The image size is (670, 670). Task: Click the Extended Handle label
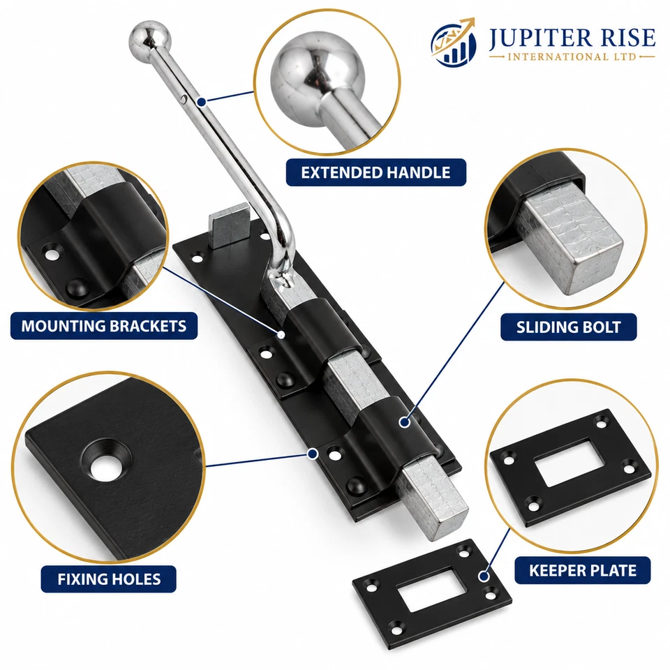pyautogui.click(x=375, y=172)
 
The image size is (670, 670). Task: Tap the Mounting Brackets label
pyautogui.click(x=104, y=326)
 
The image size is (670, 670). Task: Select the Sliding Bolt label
pyautogui.click(x=568, y=327)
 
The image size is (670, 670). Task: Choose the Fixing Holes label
pyautogui.click(x=109, y=579)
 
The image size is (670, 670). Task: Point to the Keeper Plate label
pyautogui.click(x=582, y=570)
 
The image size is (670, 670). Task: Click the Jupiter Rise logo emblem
pyautogui.click(x=453, y=42)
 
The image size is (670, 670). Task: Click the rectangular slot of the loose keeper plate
pyautogui.click(x=431, y=589)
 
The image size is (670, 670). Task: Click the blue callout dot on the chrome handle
pyautogui.click(x=202, y=102)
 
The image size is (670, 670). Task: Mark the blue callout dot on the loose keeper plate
pyautogui.click(x=484, y=576)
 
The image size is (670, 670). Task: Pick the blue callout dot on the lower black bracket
pyautogui.click(x=404, y=422)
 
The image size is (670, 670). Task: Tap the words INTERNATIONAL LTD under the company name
pyautogui.click(x=572, y=57)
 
